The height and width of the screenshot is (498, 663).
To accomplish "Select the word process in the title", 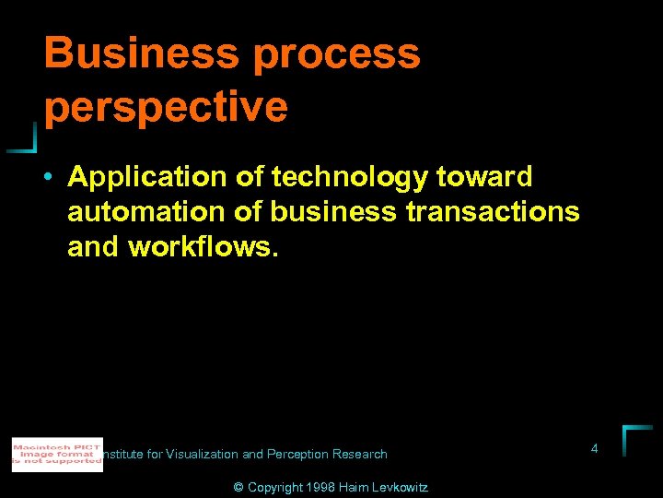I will [337, 55].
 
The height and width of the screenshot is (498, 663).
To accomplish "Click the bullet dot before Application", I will [48, 176].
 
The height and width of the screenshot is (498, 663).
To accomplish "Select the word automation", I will [145, 212].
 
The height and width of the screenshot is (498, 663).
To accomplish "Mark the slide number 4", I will [594, 448].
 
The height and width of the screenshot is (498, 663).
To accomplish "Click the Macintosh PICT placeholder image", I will [57, 455].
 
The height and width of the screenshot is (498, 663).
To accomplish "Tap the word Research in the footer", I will [361, 454].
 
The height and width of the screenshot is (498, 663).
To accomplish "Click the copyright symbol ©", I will [238, 487].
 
